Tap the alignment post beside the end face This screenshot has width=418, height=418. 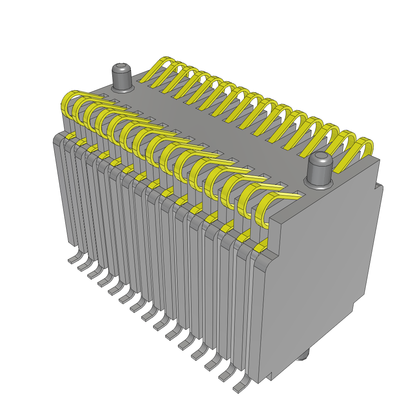(320, 169)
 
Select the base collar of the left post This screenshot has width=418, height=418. (122, 87)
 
